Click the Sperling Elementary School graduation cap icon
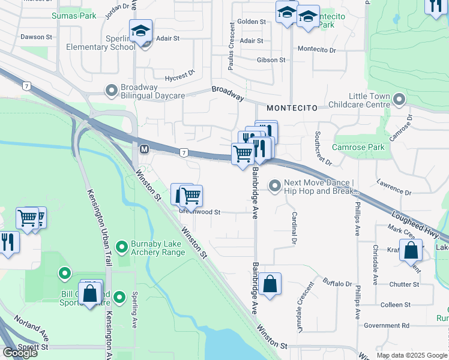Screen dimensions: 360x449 pos(140,31)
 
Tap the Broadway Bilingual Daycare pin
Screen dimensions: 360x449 pos(111,91)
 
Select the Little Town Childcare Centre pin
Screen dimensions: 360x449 pos(399,100)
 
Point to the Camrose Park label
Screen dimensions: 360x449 pos(360,148)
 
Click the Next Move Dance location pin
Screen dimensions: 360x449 pos(275,186)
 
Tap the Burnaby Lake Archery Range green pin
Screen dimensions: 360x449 pos(122,247)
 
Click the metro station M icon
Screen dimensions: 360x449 pos(144,149)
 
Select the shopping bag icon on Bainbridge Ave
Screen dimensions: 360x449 pos(270,284)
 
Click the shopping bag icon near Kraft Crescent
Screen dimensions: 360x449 pos(411,251)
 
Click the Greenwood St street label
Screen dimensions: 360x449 pos(200,212)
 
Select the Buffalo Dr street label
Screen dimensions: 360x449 pos(337,283)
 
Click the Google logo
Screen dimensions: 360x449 pos(20,353)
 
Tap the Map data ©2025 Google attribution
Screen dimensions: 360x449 pos(412,355)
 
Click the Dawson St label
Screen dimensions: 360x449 pos(32,37)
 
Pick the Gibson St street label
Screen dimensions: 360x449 pos(271,60)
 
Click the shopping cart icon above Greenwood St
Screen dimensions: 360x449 pos(191,196)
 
